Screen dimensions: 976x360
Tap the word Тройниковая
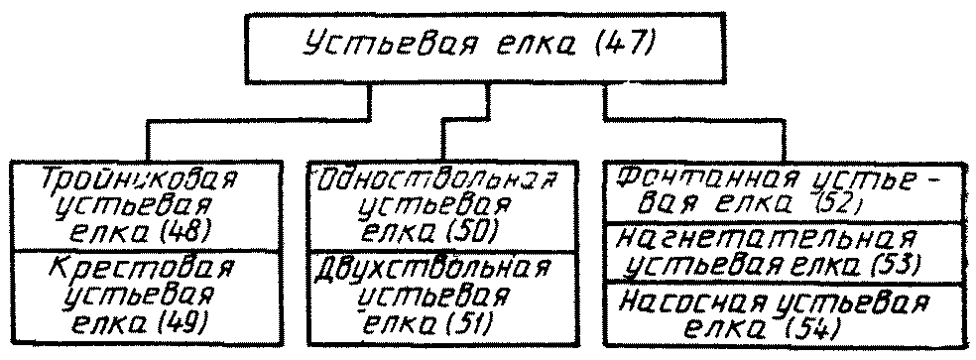[x=141, y=180]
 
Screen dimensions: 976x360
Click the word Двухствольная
[x=433, y=269]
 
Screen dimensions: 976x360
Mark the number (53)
[x=894, y=266]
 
